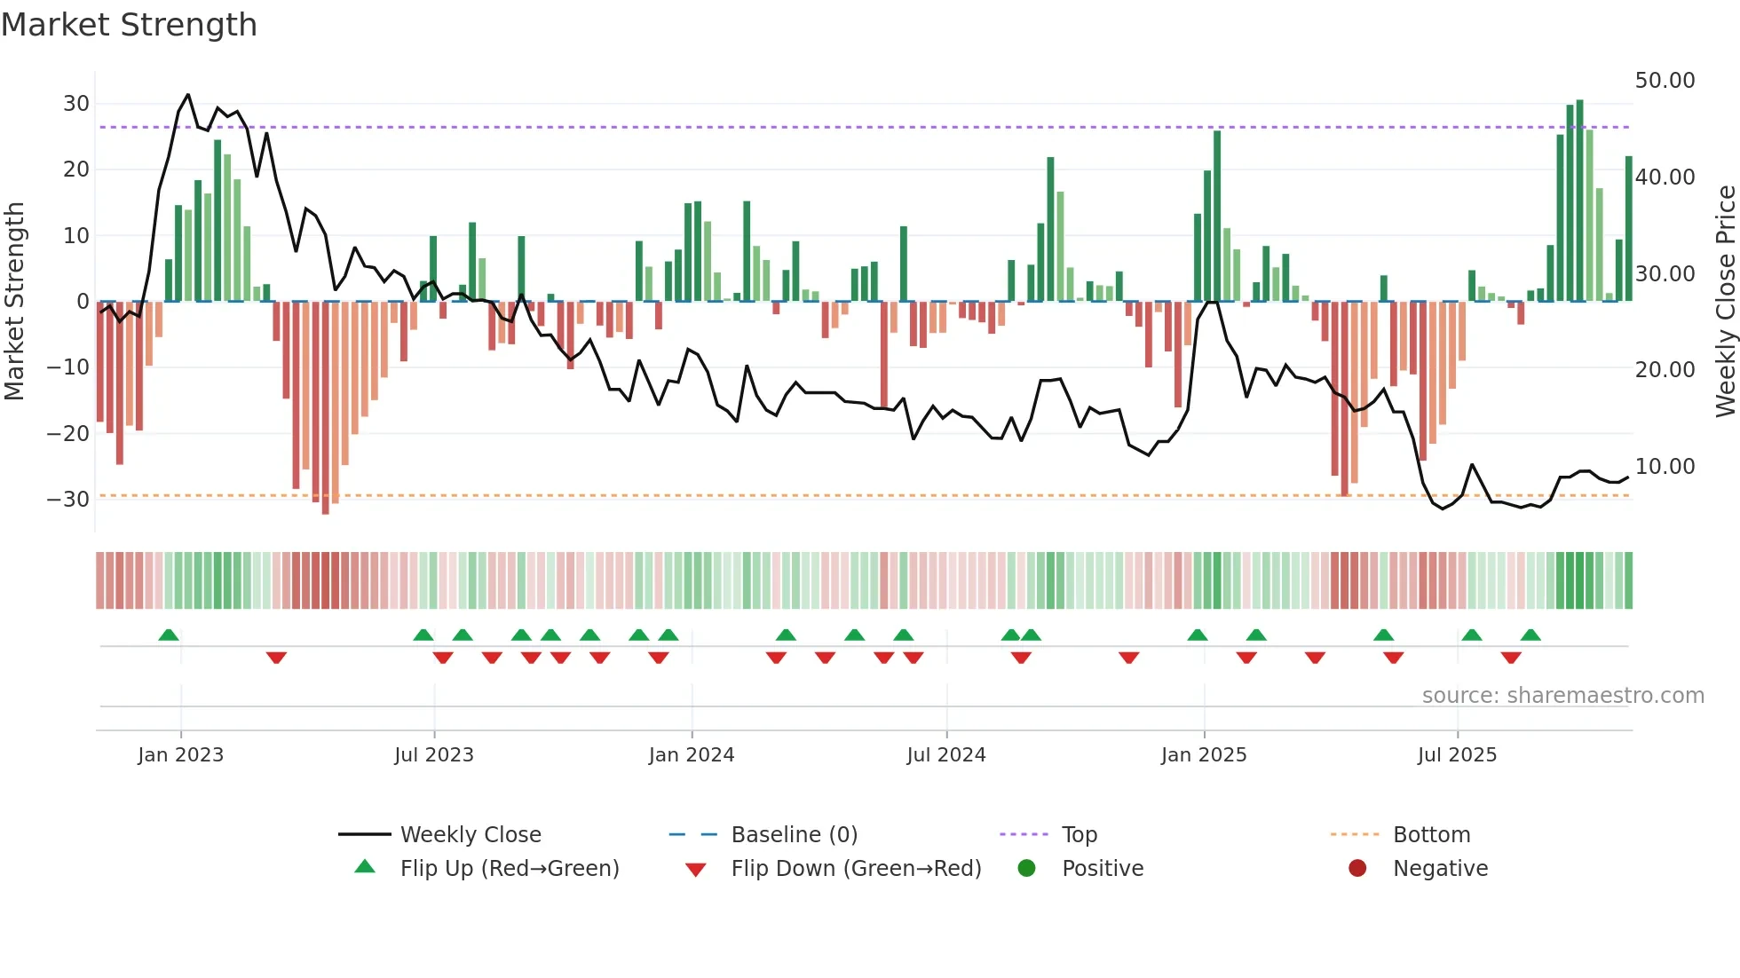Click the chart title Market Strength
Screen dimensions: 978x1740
[x=129, y=25]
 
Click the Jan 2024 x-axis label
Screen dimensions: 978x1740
[x=692, y=755]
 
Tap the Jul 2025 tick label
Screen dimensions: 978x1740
[x=1457, y=755]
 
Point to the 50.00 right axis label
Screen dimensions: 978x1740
[x=1665, y=81]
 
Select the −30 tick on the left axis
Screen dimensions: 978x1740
[x=68, y=500]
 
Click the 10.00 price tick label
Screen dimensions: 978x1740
[x=1665, y=467]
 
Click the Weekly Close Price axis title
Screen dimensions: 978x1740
[x=1725, y=302]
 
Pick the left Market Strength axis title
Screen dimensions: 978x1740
[x=15, y=302]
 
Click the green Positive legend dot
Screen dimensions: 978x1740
[x=1027, y=869]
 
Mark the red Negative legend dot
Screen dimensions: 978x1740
[x=1357, y=869]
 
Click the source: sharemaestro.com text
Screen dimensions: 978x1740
[x=1562, y=696]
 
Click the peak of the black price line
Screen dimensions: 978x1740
[x=187, y=95]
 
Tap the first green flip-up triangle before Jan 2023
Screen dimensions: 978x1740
[x=169, y=635]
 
